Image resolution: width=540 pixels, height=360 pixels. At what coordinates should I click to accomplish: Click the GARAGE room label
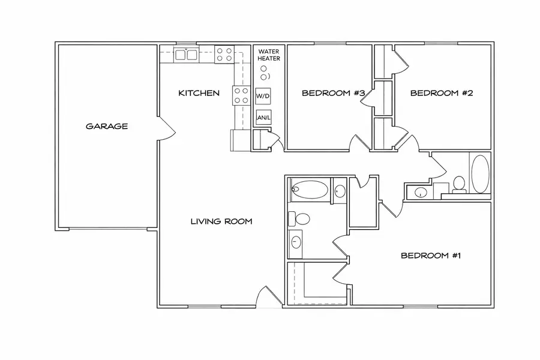107,127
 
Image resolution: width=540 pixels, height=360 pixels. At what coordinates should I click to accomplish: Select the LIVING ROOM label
221,221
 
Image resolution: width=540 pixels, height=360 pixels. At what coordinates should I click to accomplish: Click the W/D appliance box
263,96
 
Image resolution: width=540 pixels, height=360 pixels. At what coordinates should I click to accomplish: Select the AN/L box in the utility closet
263,118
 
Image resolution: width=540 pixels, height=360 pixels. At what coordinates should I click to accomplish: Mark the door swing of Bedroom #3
359,142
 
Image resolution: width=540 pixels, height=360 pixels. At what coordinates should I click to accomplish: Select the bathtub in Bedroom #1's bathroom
310,191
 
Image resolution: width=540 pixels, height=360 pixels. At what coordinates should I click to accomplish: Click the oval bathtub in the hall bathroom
480,173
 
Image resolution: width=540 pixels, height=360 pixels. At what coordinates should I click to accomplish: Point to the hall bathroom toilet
460,184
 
